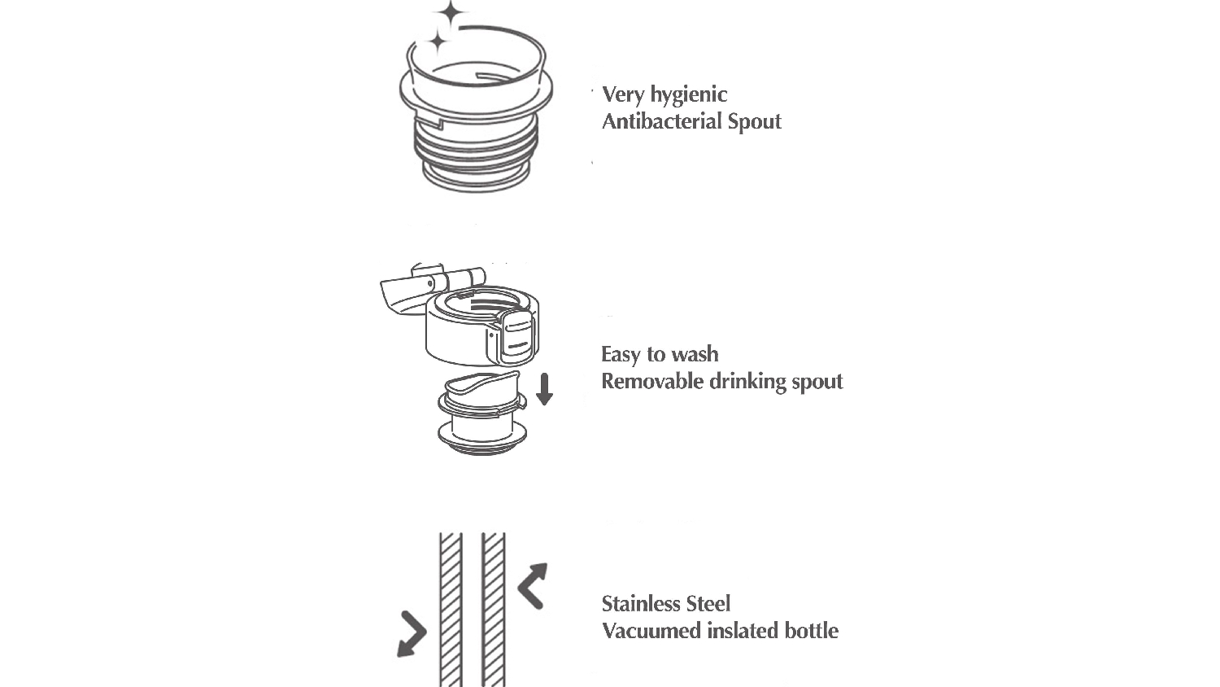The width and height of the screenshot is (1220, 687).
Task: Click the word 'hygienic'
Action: [x=688, y=95]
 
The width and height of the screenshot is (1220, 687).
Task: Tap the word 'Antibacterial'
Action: [x=661, y=121]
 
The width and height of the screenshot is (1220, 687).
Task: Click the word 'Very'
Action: [x=622, y=94]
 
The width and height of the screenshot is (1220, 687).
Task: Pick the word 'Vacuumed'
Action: [x=651, y=631]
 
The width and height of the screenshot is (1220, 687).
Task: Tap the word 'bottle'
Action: [x=812, y=631]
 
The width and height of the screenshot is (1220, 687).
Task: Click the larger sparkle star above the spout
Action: [x=450, y=15]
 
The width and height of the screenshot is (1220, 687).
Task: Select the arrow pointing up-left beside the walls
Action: [x=532, y=585]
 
